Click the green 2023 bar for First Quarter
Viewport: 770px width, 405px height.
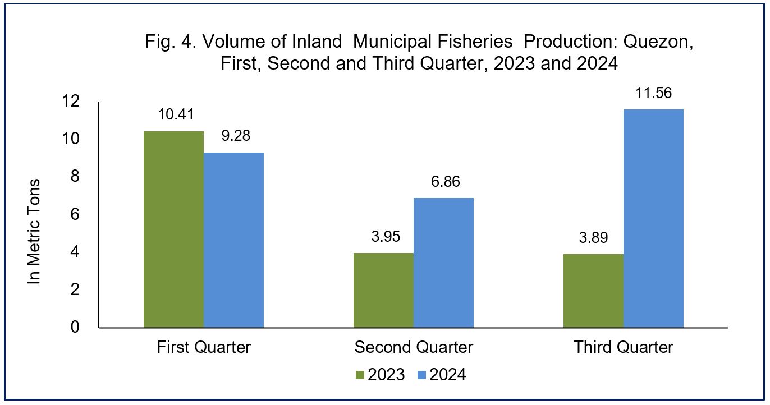click(x=173, y=229)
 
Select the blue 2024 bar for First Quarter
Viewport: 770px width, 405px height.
click(x=233, y=240)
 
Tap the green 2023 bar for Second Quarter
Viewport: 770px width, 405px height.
click(x=384, y=290)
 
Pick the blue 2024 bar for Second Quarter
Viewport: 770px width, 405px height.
click(x=444, y=263)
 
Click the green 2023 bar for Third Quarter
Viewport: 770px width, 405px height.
click(x=593, y=291)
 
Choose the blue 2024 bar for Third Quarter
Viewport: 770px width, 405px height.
click(x=653, y=218)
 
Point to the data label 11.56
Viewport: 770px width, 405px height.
click(x=653, y=93)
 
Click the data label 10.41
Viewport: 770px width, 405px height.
click(x=176, y=114)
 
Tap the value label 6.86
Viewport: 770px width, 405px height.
click(x=446, y=181)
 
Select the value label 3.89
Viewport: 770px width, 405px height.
click(x=594, y=237)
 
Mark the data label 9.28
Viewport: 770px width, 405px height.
click(x=236, y=136)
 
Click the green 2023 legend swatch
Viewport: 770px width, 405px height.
click(x=360, y=375)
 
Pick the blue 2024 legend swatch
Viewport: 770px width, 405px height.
click(x=422, y=375)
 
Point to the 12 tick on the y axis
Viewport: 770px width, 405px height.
click(x=71, y=101)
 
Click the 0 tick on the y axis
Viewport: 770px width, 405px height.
click(x=75, y=327)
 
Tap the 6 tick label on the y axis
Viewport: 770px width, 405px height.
click(x=75, y=214)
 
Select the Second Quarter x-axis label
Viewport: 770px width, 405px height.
click(x=414, y=347)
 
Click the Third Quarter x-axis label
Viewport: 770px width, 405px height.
click(x=623, y=347)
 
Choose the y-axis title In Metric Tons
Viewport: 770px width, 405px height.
click(x=34, y=232)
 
